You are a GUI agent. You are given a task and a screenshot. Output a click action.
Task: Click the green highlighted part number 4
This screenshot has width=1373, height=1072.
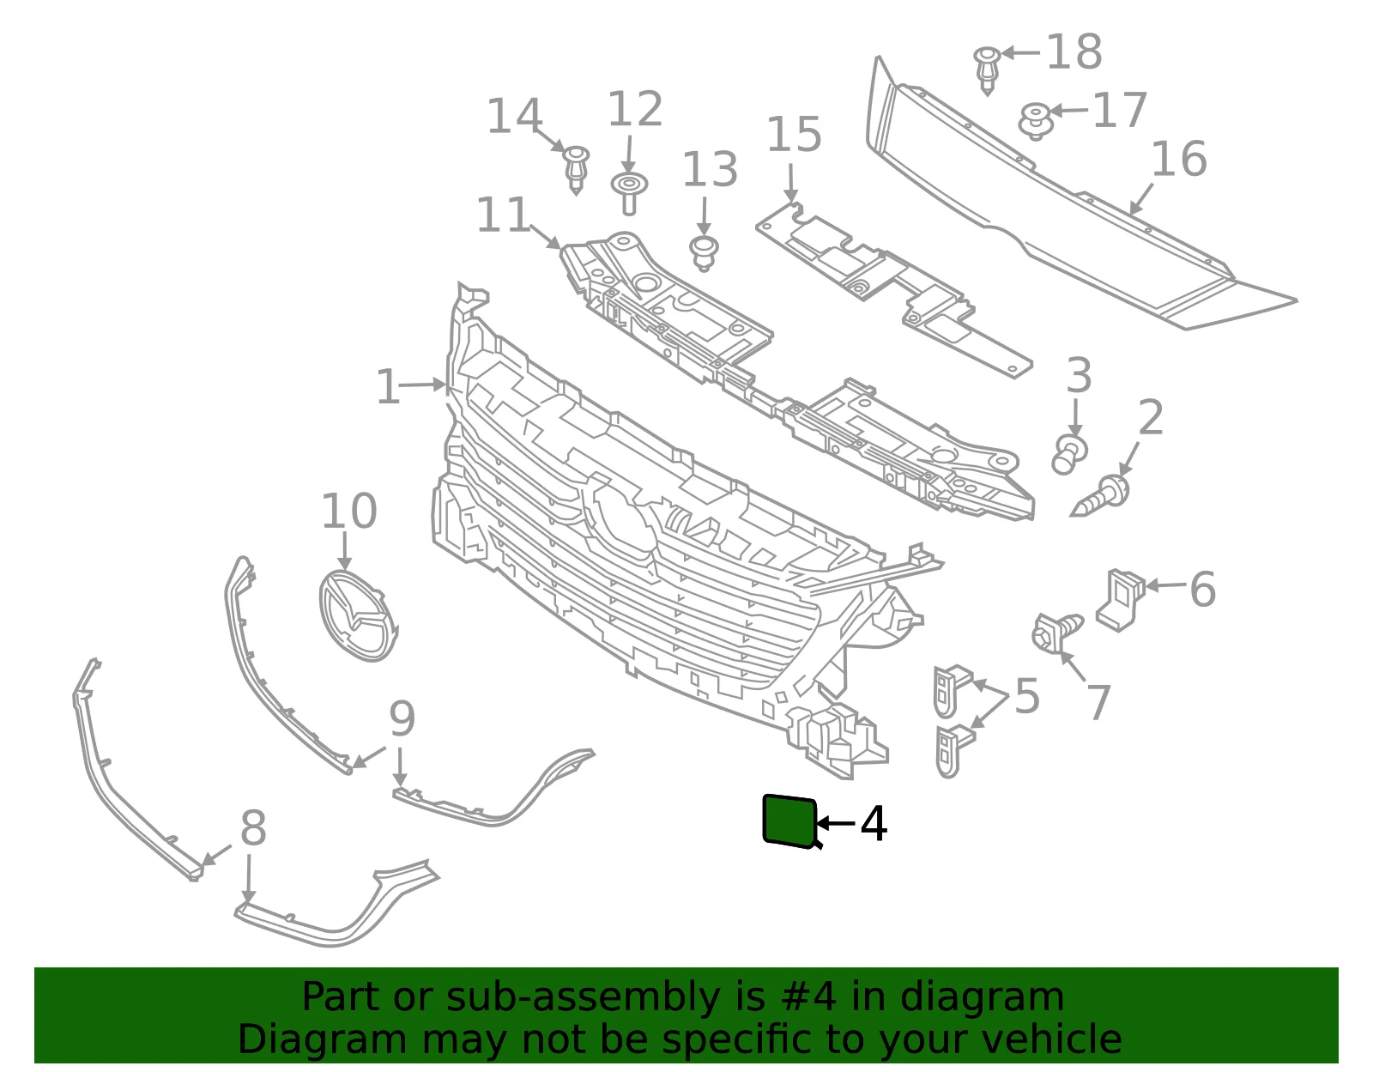coord(789,821)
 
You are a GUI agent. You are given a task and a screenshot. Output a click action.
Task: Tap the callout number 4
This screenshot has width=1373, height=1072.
coord(874,824)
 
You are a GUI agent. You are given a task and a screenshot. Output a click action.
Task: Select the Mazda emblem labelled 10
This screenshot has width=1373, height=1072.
coord(358,615)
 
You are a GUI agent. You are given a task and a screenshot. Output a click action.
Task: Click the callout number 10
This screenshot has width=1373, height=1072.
coord(348,511)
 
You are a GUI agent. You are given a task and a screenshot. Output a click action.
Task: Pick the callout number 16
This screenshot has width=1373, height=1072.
coord(1179,159)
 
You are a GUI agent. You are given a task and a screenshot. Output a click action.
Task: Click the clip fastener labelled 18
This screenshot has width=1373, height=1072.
coord(987,70)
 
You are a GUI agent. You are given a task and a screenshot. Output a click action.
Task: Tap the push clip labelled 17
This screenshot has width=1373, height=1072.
coord(1035,121)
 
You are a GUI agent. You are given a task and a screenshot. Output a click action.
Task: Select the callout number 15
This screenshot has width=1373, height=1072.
coord(794,134)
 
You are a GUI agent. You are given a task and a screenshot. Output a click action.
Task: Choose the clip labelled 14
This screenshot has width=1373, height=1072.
coord(577,170)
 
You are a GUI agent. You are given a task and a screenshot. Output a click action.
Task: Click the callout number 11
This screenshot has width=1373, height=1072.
coord(502,215)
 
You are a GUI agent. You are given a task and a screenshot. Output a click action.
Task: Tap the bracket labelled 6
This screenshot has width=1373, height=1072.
coord(1120,599)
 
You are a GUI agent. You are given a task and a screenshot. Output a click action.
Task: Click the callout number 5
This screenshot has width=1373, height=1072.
coord(1027,697)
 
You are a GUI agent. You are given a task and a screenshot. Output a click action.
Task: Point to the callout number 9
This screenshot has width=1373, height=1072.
coord(402,719)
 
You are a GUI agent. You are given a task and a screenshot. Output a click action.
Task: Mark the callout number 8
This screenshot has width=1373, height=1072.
coord(253,827)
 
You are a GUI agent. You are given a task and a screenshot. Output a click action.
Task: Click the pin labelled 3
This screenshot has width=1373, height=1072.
coord(1069,454)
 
